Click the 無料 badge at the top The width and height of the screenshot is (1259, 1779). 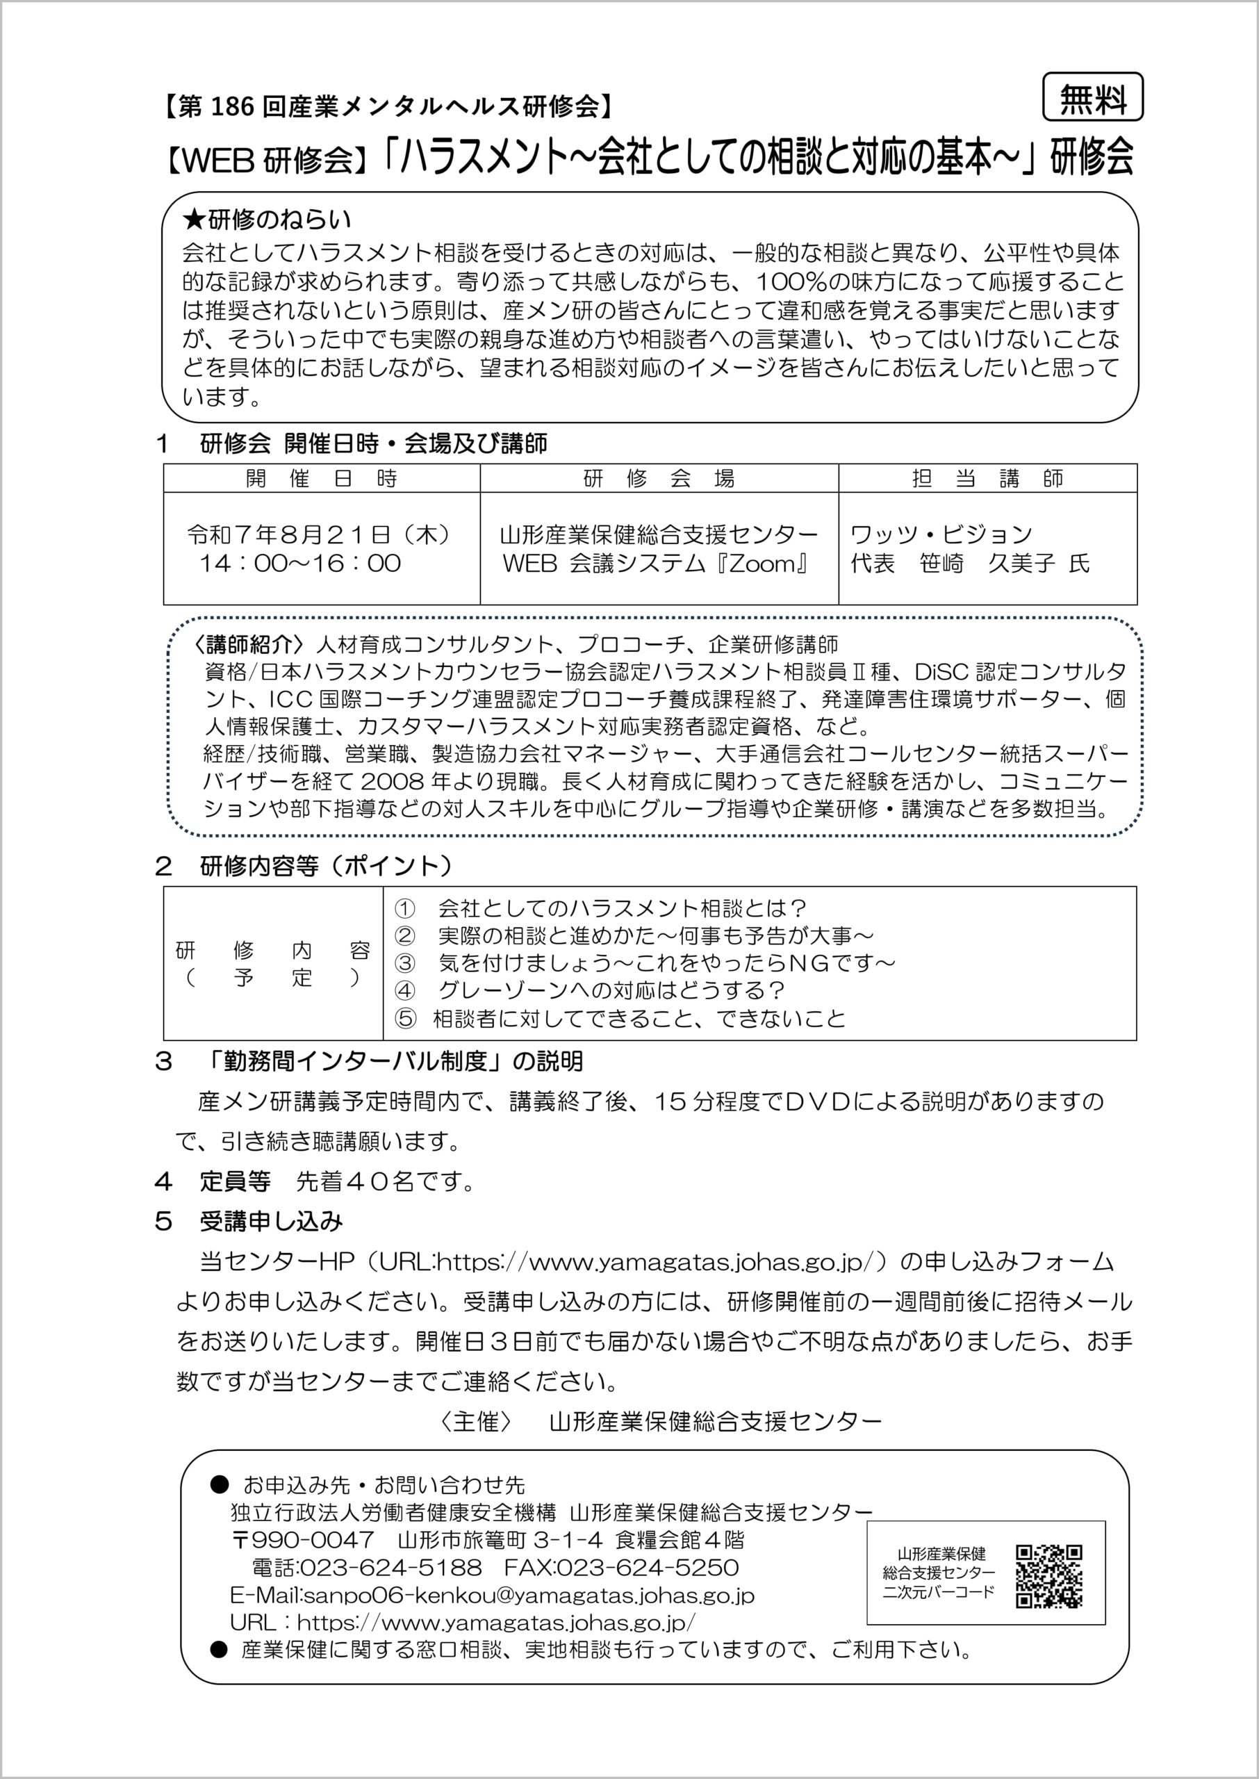[1092, 98]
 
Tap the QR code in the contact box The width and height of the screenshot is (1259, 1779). [1049, 1576]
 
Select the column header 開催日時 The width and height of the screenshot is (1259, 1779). [321, 478]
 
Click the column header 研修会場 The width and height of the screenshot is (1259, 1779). [658, 478]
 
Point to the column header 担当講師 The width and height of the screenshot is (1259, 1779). [987, 478]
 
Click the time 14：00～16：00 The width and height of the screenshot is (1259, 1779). [301, 563]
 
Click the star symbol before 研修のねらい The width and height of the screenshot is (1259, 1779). [192, 220]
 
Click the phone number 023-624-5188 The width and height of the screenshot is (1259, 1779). [390, 1568]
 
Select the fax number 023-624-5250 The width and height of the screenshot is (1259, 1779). [648, 1568]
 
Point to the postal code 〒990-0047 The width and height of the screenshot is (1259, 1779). [302, 1539]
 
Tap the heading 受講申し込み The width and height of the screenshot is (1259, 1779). [272, 1222]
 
